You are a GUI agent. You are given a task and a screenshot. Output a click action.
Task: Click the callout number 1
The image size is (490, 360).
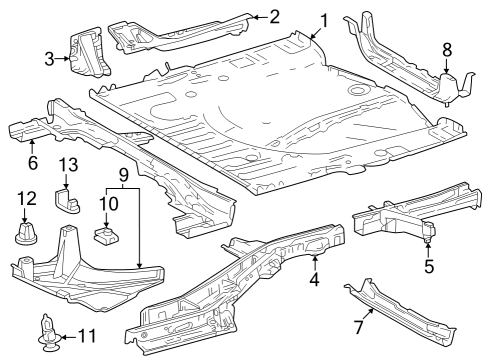click(323, 20)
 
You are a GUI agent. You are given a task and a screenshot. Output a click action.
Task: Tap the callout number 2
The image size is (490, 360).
click(274, 16)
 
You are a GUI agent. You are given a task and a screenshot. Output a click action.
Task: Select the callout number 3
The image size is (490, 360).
click(49, 59)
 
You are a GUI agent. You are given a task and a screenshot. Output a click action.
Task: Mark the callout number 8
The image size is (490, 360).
click(447, 48)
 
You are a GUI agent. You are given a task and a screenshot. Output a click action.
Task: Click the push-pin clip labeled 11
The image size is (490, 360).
click(46, 332)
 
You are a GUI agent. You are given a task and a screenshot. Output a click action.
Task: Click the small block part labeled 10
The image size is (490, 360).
click(104, 236)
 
